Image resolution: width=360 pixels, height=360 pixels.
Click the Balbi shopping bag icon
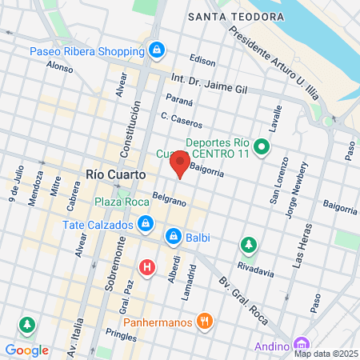click(x=173, y=237)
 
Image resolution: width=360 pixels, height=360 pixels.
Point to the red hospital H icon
click(x=147, y=268)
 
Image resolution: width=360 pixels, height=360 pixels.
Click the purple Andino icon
click(x=300, y=346)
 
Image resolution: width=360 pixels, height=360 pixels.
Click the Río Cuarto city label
click(x=115, y=173)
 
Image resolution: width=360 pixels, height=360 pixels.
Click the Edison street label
click(x=203, y=60)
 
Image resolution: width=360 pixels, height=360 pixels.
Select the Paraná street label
click(x=180, y=101)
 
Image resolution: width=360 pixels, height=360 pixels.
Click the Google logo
click(x=26, y=350)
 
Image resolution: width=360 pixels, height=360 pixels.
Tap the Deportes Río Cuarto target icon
click(x=261, y=147)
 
